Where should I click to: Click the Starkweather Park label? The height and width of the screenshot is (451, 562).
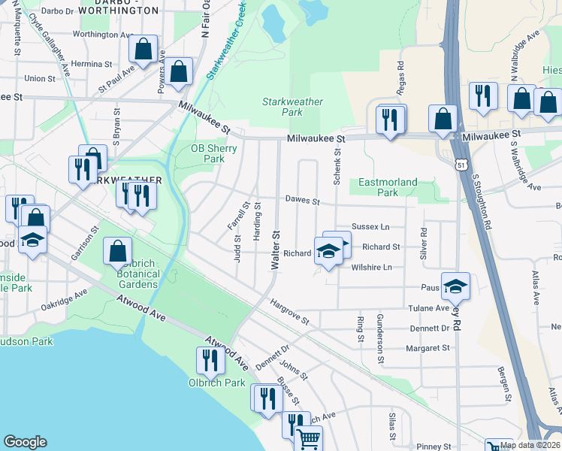coord(292,107)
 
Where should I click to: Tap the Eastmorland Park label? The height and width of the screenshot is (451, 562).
coord(388,187)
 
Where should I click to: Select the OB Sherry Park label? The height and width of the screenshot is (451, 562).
coord(214,153)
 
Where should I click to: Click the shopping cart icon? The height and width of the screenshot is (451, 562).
coord(308,439)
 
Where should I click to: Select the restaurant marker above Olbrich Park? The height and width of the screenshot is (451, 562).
coord(210,360)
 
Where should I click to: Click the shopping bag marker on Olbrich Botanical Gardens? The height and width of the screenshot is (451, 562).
coord(118,251)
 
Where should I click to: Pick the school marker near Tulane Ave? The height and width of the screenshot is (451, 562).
coord(455,286)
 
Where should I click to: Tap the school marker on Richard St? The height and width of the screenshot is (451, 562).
coord(328,252)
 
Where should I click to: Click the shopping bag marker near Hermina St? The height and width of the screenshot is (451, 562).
coord(143,50)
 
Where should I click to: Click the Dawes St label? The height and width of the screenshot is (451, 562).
coord(302,201)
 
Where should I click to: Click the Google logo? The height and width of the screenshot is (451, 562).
coord(25,442)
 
